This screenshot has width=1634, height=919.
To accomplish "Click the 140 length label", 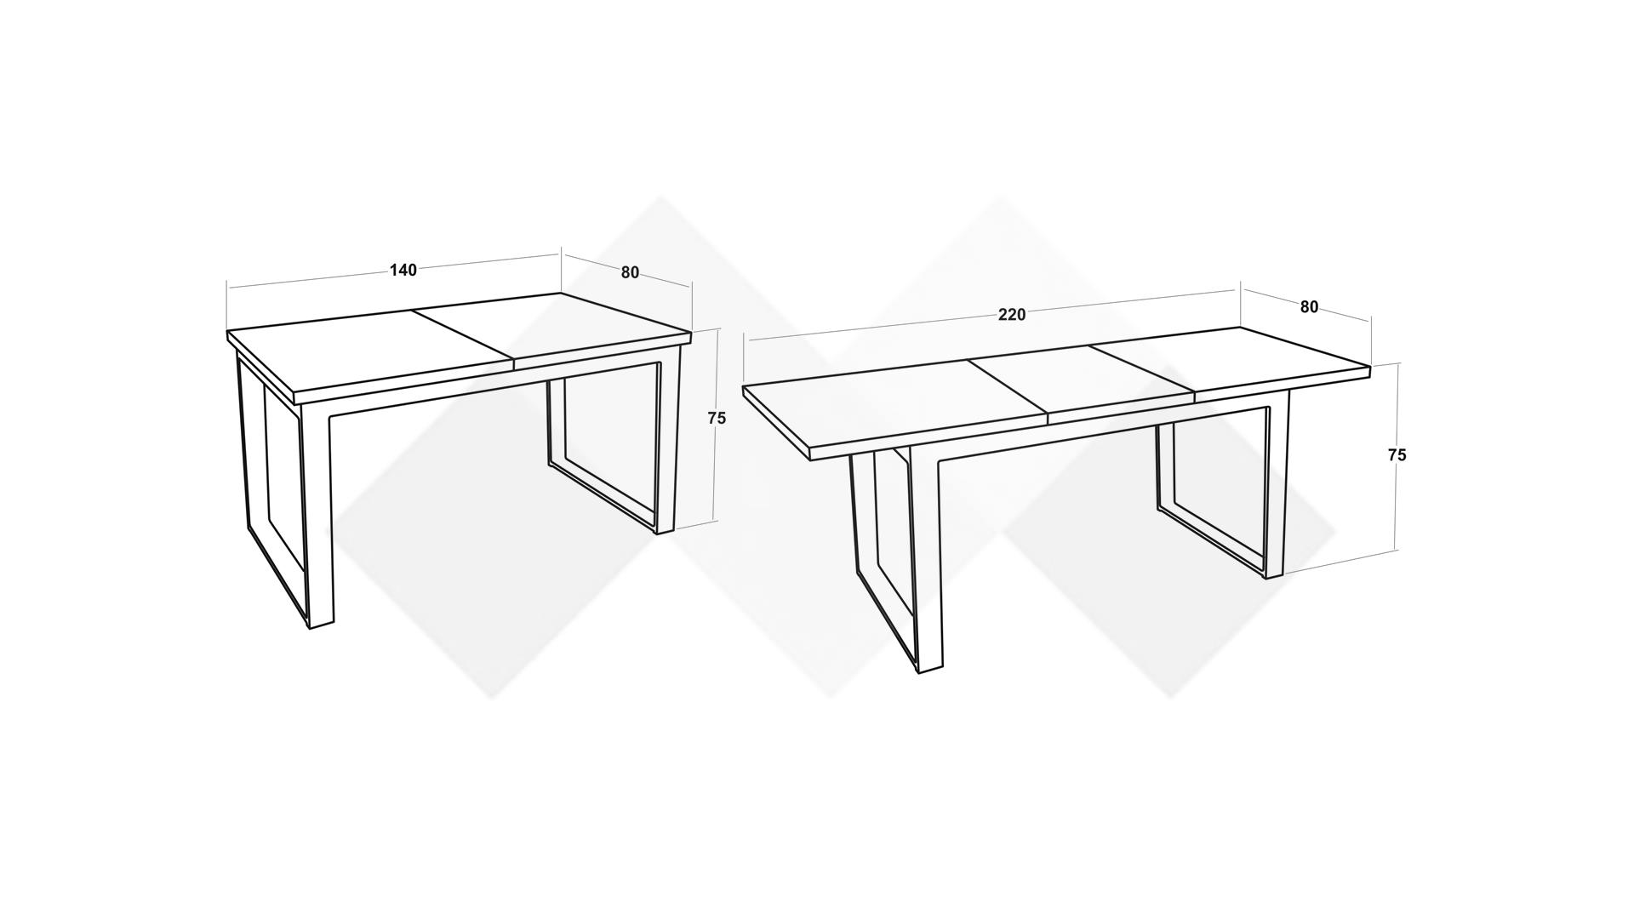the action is pyautogui.click(x=403, y=270).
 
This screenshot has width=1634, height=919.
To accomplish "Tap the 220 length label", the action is pyautogui.click(x=1012, y=315).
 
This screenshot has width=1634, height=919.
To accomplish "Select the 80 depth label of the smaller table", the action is pyautogui.click(x=630, y=272).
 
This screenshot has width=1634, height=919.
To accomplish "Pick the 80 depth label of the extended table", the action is pyautogui.click(x=1309, y=307).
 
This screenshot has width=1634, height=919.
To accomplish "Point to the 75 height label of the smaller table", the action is pyautogui.click(x=717, y=419).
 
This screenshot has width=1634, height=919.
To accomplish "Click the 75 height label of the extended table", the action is pyautogui.click(x=1397, y=455).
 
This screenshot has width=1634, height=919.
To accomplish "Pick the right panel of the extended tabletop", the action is pyautogui.click(x=1230, y=362).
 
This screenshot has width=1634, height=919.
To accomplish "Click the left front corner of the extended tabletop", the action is pyautogui.click(x=744, y=388).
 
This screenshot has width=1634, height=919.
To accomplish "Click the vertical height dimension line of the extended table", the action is pyautogui.click(x=1397, y=456).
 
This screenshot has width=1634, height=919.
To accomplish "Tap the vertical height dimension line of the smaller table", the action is pyautogui.click(x=717, y=425).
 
